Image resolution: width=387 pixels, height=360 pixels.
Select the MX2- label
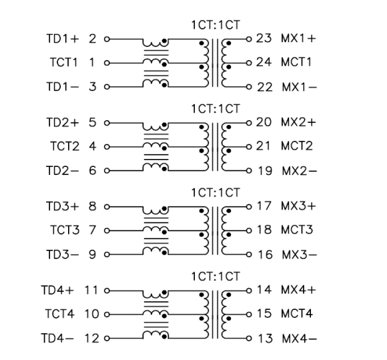(x=295, y=171)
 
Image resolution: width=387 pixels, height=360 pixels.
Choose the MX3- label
(x=295, y=255)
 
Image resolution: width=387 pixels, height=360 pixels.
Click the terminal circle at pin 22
(x=250, y=87)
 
